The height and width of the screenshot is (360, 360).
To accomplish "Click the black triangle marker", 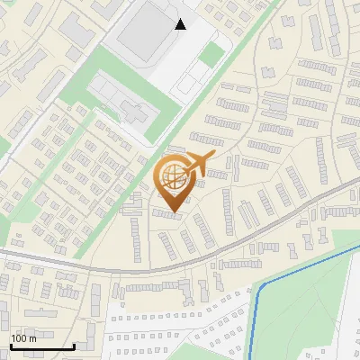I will click(181, 24).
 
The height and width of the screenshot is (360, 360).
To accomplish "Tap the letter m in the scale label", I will click(33, 338).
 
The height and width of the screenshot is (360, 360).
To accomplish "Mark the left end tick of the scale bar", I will click(11, 345).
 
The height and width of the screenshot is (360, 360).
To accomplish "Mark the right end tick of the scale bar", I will click(74, 345).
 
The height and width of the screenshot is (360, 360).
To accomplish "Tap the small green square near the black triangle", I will click(211, 55).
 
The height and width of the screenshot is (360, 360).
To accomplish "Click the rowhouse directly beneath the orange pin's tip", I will click(167, 214).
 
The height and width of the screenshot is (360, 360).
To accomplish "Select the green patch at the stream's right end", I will click(346, 238).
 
